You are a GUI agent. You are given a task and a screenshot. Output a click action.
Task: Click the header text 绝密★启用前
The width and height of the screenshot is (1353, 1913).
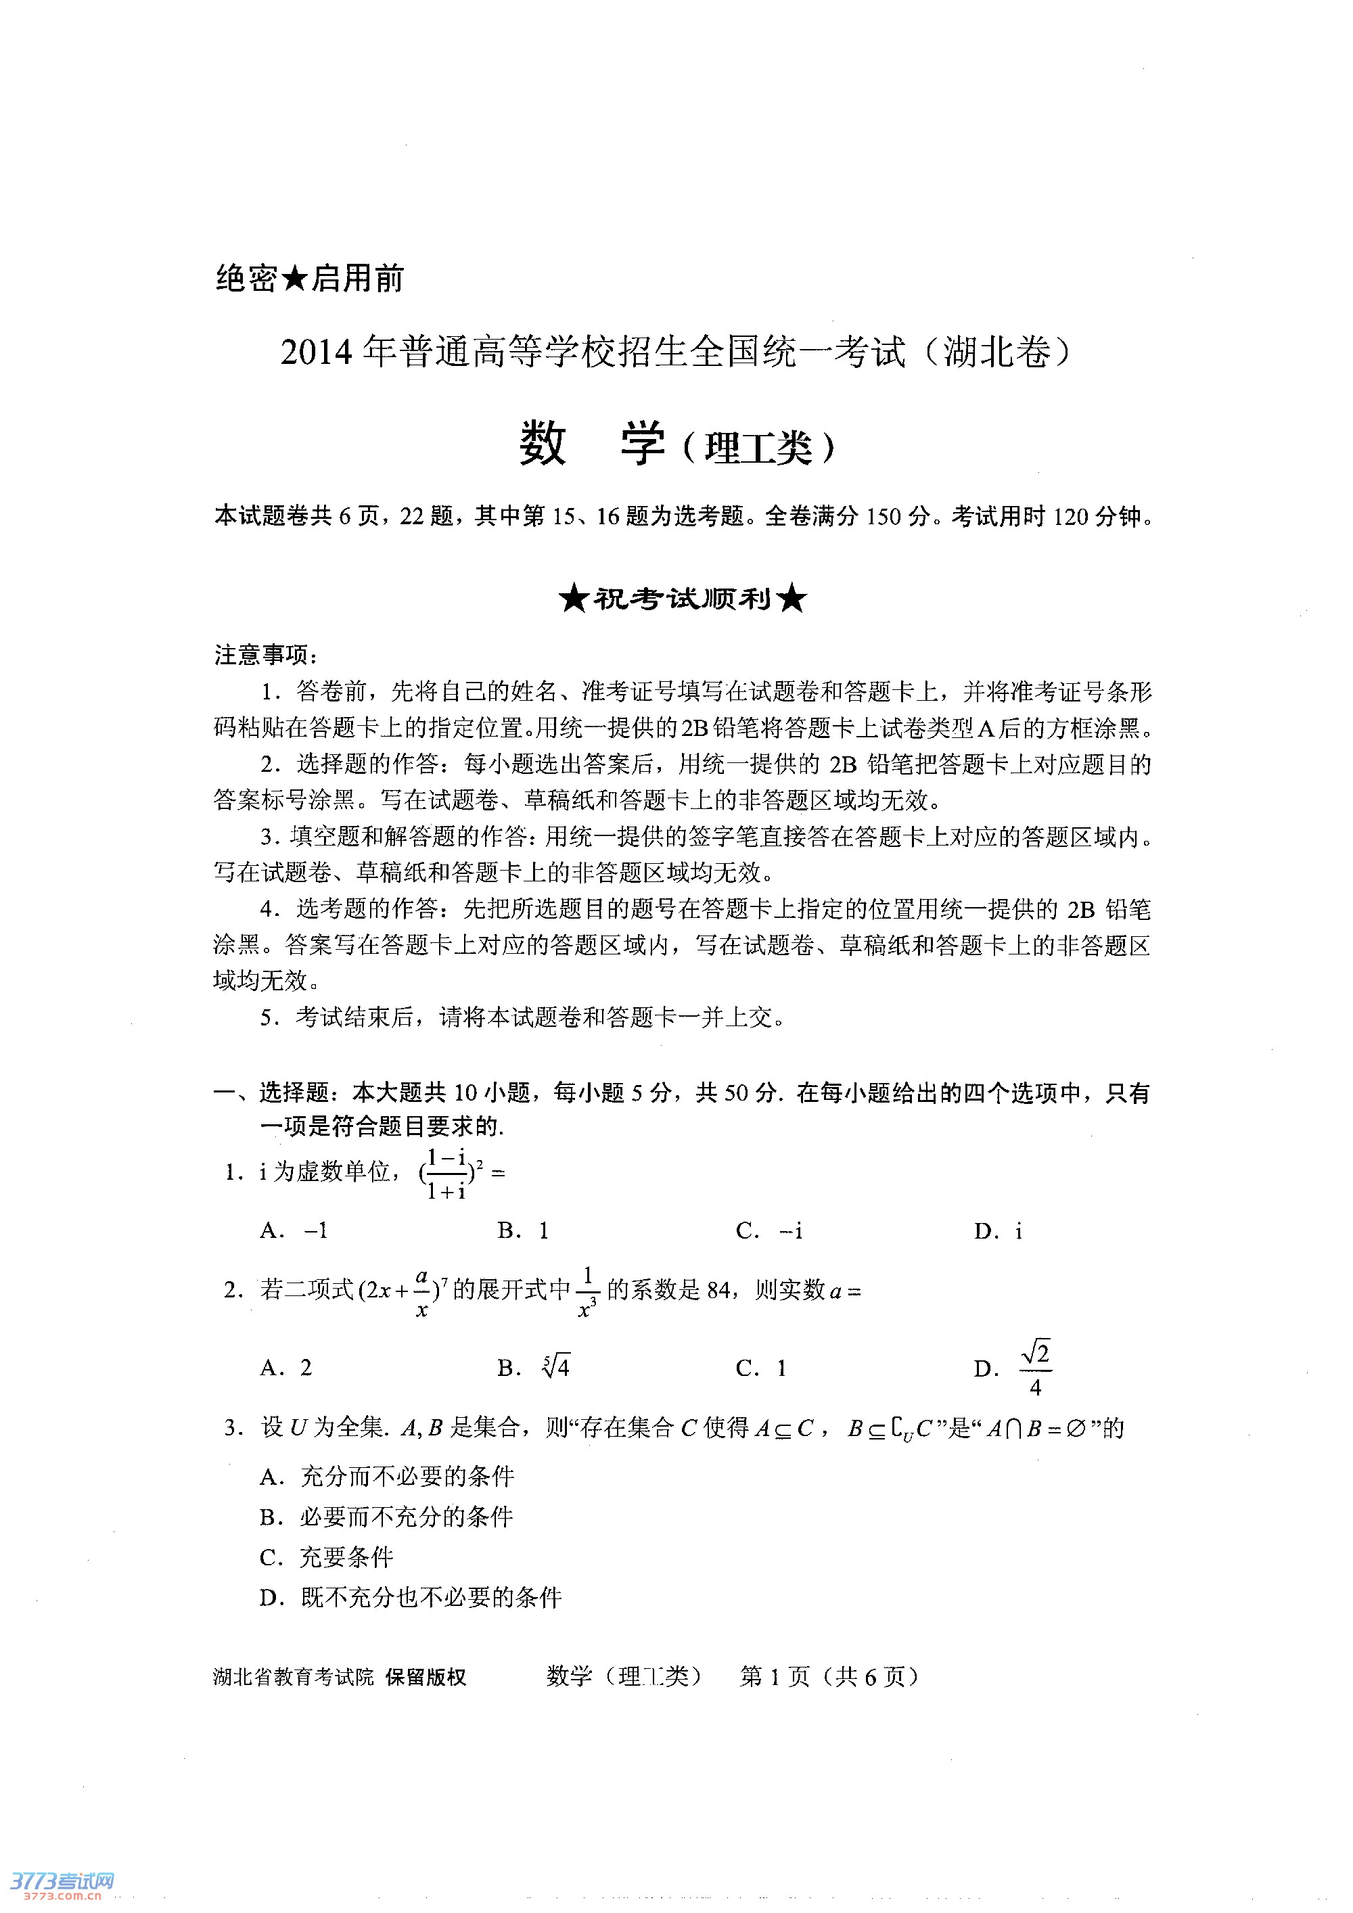click(309, 278)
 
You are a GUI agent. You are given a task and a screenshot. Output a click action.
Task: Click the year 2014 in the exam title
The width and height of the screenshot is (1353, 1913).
click(316, 352)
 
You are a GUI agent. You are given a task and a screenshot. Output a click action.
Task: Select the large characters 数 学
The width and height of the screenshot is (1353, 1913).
click(593, 443)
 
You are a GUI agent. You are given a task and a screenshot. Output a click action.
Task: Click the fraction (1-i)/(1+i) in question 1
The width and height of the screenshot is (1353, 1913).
click(446, 1174)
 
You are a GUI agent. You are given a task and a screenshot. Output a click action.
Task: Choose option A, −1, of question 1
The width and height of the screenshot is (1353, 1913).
click(294, 1230)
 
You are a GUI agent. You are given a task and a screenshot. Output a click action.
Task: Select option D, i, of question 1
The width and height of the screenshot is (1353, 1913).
click(998, 1231)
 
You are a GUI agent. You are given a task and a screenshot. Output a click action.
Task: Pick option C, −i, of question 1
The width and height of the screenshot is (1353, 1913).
click(770, 1230)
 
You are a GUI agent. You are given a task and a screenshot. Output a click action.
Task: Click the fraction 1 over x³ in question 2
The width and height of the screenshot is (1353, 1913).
click(587, 1292)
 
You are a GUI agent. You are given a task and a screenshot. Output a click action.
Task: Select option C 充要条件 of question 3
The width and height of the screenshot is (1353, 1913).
click(326, 1557)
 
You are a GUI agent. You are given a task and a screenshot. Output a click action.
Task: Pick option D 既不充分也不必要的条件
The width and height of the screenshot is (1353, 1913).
click(410, 1597)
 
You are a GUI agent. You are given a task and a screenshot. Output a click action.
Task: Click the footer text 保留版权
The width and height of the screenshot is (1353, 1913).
click(425, 1677)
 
